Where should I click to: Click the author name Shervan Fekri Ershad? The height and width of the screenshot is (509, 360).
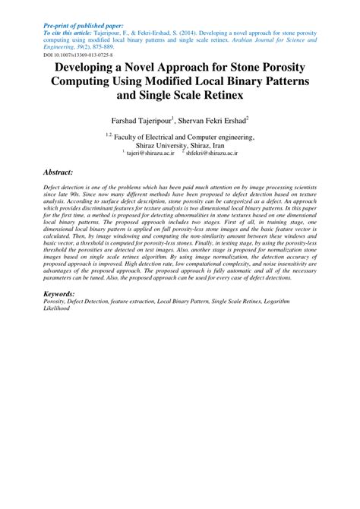[x=217, y=120]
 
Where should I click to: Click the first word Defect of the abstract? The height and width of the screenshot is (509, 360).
[x=52, y=186]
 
